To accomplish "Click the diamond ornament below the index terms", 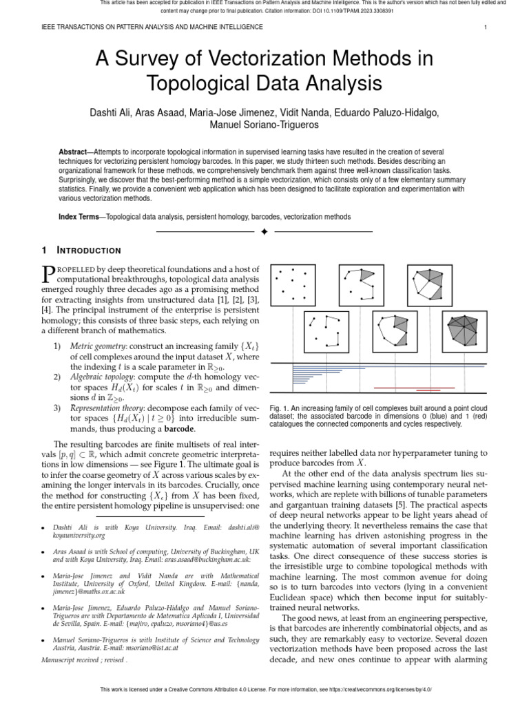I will pos(264,233).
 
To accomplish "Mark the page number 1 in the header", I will pos(486,27).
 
